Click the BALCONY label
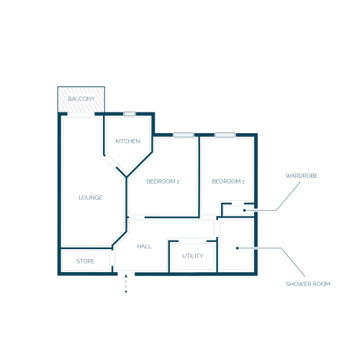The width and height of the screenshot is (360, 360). coord(81,99)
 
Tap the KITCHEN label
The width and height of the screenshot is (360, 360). coord(127,141)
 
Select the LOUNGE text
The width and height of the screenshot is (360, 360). coord(91,197)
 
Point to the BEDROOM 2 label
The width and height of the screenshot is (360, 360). coord(163,181)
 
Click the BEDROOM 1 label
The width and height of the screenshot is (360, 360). coord(228,181)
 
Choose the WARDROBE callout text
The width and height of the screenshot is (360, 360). coord(302,176)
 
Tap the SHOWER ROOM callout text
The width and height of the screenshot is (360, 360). coord(308,284)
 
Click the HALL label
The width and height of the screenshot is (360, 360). coord(144,246)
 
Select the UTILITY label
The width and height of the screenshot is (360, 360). coord(193,256)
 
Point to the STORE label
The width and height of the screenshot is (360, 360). coord(86,261)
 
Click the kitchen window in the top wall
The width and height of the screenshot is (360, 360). coord(130,114)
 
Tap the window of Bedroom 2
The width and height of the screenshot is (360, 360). coord(184,135)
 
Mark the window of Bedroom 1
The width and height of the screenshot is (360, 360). coord(225,135)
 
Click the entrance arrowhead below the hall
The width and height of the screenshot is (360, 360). coord(126,276)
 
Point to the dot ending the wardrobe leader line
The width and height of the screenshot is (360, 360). coord(244,210)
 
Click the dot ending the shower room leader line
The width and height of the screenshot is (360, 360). coord(237,248)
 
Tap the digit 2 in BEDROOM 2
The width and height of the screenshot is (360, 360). coord(178,181)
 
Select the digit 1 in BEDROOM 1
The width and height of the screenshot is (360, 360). coord(243,181)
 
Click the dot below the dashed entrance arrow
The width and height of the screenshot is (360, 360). coord(126,292)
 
